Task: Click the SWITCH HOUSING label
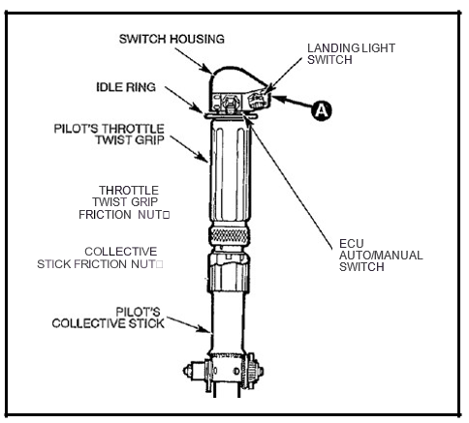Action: point(172,39)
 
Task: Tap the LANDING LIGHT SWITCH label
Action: point(351,54)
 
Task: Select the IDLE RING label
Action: point(126,87)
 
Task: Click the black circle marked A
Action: point(322,110)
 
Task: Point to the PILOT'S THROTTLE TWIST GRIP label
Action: point(109,135)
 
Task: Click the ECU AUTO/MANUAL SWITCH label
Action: point(381,255)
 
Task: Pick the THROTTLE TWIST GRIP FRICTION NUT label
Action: point(124,202)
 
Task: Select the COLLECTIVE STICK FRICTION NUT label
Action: point(100,257)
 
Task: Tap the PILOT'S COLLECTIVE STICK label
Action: point(109,317)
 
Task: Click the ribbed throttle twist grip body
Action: point(230,169)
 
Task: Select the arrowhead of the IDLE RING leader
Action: point(200,109)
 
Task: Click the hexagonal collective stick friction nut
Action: point(229,272)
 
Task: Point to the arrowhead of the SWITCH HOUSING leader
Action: point(207,69)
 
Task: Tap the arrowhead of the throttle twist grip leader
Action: point(204,158)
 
